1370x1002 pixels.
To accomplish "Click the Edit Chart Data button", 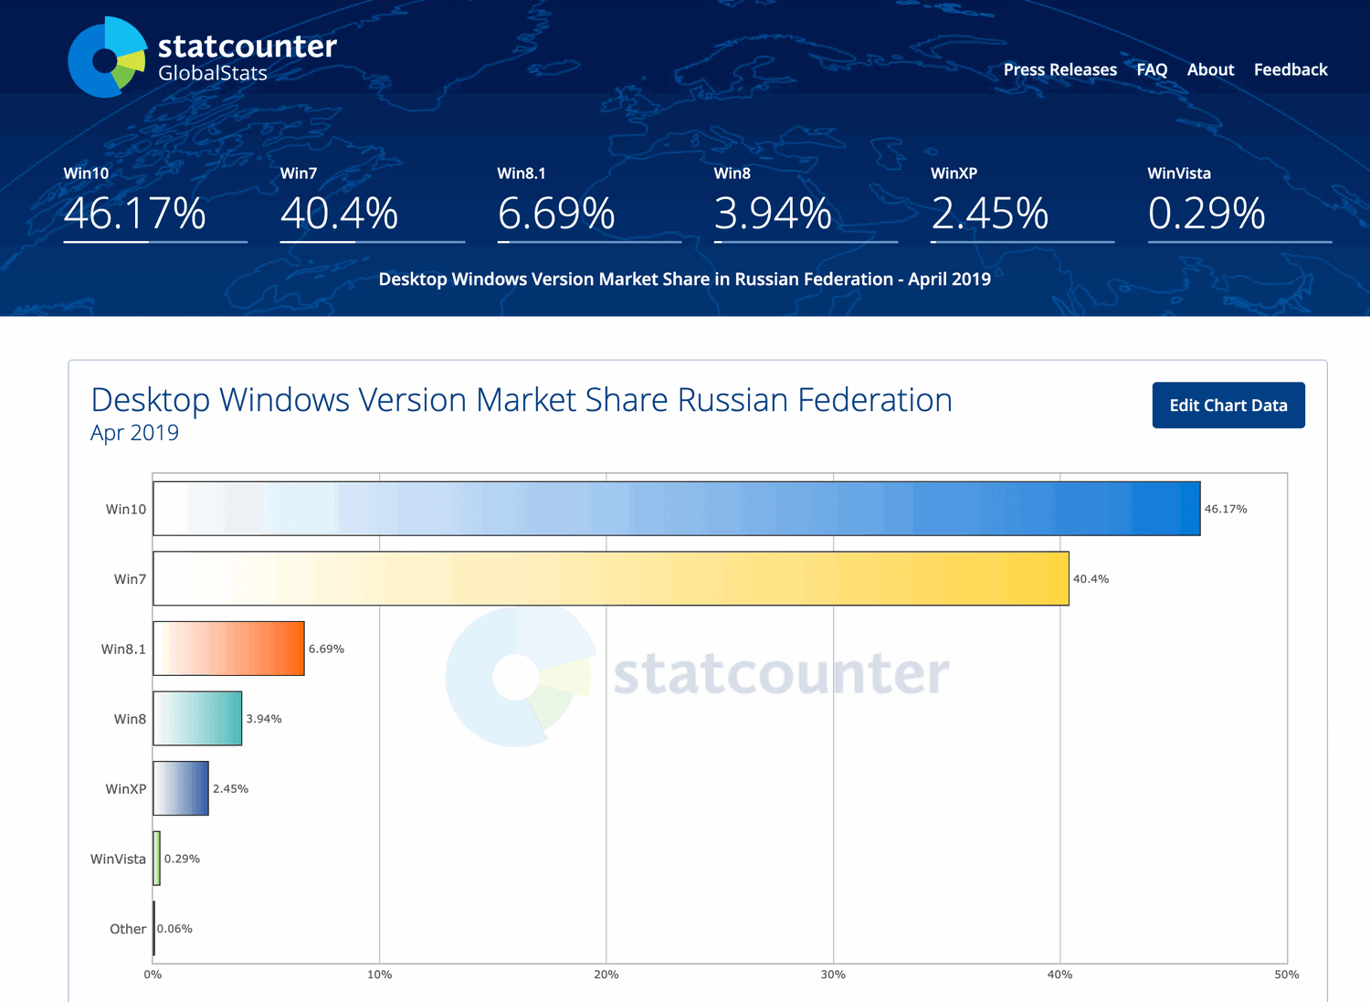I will [1228, 405].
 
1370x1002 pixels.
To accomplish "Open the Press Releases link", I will [1059, 69].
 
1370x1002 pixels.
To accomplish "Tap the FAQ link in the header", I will [1152, 69].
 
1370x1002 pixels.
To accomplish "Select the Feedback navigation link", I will [1290, 69].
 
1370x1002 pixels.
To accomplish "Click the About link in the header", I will [1210, 69].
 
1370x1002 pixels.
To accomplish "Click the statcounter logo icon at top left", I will [107, 58].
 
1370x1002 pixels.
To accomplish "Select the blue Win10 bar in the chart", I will [676, 509].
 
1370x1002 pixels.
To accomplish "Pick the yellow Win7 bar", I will [610, 578].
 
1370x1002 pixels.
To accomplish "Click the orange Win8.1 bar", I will [228, 649].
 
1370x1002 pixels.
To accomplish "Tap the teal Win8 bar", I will [197, 719].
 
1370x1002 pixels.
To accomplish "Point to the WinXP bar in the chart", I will [181, 788].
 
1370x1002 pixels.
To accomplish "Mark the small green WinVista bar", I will [157, 859].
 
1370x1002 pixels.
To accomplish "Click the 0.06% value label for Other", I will [174, 929].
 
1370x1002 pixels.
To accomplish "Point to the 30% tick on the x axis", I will [833, 975].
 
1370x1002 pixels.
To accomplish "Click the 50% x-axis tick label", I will [1286, 975].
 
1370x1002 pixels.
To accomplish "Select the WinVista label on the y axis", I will [118, 859].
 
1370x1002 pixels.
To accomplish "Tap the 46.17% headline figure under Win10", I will [134, 214].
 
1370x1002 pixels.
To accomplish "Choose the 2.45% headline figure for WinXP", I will [989, 214].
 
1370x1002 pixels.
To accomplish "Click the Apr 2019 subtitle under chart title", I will [134, 433].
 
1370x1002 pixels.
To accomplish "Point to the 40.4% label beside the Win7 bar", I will [1091, 579].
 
